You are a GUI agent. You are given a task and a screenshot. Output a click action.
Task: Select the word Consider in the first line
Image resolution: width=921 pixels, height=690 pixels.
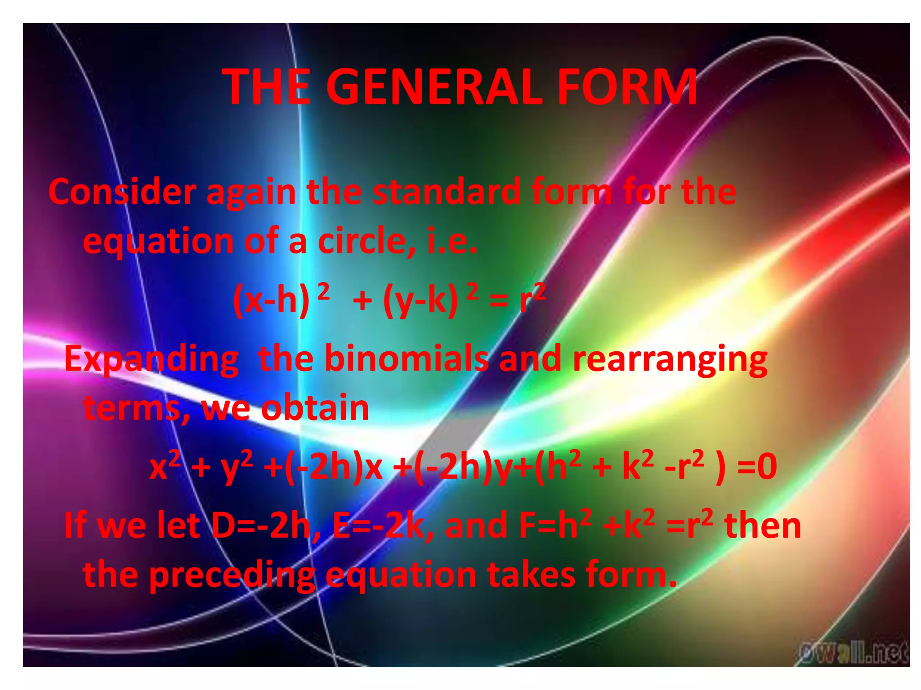coord(122,192)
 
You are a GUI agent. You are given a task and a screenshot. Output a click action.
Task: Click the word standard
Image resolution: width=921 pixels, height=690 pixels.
coord(447,192)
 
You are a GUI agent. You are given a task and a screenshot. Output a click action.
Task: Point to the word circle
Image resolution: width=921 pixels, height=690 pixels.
coord(367,242)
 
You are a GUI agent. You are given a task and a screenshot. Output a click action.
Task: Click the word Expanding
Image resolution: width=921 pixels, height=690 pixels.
coord(151,359)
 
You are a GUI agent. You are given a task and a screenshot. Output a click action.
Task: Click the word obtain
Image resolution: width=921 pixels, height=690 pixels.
coord(315,408)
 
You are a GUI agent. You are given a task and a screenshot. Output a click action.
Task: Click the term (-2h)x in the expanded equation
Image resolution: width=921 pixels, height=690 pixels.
coord(334,467)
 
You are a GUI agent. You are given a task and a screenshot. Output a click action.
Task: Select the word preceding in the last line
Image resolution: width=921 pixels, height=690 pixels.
coord(232,575)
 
